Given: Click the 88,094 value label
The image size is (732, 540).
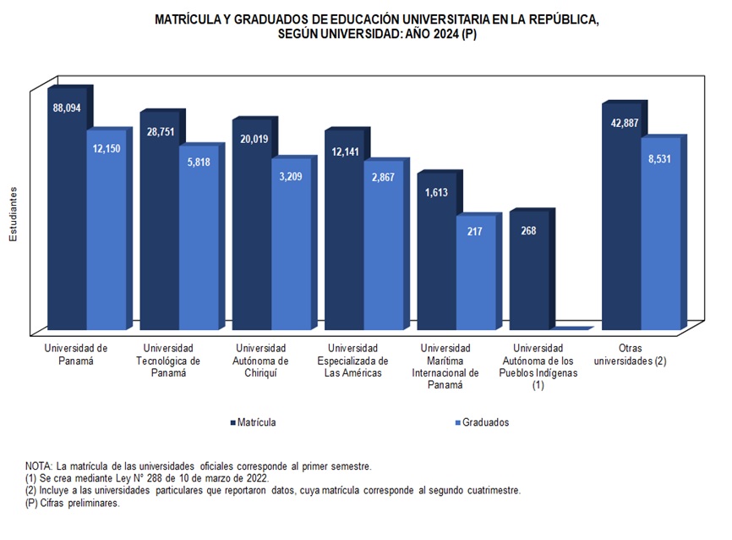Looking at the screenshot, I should coord(66,108).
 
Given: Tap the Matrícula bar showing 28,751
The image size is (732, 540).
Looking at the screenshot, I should coord(158,229).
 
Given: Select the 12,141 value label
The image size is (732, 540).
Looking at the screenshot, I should coord(343,152).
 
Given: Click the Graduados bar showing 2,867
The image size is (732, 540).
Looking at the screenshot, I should coord(383,254).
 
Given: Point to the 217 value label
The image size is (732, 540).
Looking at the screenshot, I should coord(475,231).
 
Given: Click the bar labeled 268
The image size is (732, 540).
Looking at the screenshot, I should coord(528,271).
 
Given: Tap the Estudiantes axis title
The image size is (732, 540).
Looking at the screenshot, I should coord(14,215).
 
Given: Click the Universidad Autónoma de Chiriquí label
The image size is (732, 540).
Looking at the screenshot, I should coord(260,361).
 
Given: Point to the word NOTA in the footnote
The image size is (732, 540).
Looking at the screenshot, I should coord(39,466).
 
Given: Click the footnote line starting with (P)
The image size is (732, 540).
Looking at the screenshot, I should coord(73,503).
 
